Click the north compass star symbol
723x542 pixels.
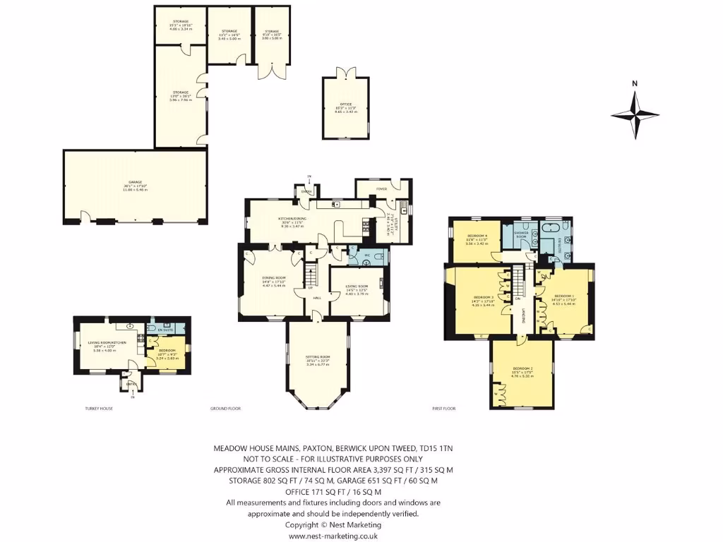pos(635,114)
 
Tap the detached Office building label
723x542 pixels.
pos(345,107)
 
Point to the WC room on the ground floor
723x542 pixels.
pos(367,255)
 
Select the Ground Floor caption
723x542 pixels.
pos(225,409)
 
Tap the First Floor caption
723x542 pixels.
pos(443,409)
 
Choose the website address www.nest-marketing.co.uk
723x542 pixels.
pos(333,536)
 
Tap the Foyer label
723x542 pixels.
pos(382,188)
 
